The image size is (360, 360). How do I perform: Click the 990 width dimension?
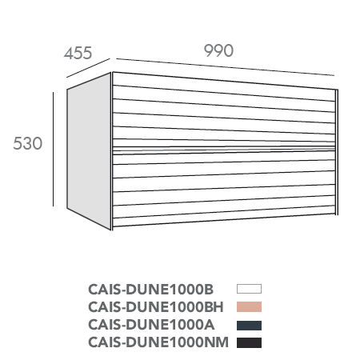(x=218, y=50)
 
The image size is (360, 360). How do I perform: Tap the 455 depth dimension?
(x=78, y=53)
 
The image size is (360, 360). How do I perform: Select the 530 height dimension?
(x=28, y=143)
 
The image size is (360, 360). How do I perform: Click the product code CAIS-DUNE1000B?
(x=150, y=290)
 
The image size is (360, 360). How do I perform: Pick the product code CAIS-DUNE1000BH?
(x=156, y=307)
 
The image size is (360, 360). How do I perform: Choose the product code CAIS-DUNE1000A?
(x=151, y=325)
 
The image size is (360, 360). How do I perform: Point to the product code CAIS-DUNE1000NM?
(x=158, y=342)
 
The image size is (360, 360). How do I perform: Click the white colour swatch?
(x=249, y=289)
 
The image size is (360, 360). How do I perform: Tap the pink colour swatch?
(x=249, y=306)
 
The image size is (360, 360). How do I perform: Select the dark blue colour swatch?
(x=249, y=326)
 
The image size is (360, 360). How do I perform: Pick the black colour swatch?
(x=249, y=342)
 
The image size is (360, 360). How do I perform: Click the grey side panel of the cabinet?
(x=89, y=151)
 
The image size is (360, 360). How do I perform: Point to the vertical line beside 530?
(x=53, y=150)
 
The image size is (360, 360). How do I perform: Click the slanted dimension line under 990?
(x=226, y=67)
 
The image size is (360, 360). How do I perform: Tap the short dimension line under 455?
(x=88, y=68)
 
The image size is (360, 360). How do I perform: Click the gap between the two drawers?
(x=223, y=150)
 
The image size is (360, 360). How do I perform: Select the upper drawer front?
(x=223, y=110)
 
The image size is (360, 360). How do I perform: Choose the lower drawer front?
(x=223, y=189)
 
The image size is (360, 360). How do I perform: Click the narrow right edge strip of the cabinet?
(x=337, y=152)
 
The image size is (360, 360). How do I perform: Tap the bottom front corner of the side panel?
(x=110, y=230)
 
